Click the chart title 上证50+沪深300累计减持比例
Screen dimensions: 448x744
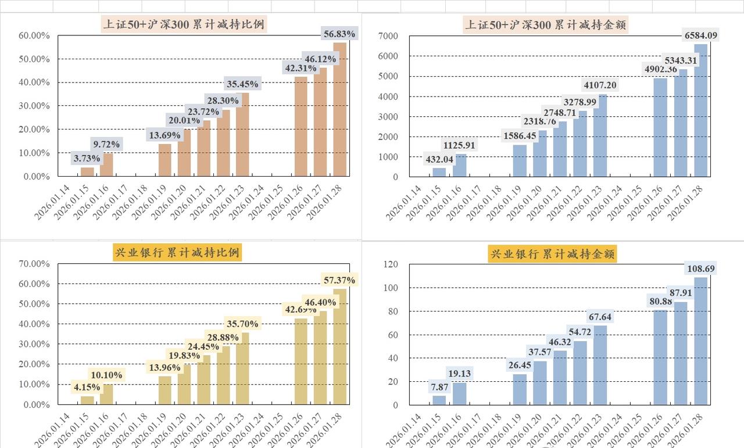(x=184, y=24)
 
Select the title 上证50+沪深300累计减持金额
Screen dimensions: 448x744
(x=546, y=25)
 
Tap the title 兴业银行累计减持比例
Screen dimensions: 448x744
(x=177, y=253)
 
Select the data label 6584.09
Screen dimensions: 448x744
(x=701, y=35)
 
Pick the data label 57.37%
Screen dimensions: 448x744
(x=339, y=280)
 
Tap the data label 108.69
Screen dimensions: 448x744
(x=700, y=268)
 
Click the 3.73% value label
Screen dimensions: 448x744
(x=87, y=158)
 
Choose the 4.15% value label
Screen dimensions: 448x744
(x=87, y=387)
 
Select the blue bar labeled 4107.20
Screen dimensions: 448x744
(x=600, y=136)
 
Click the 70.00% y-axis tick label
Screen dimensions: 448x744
(x=35, y=264)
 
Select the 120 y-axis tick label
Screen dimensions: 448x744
(x=391, y=264)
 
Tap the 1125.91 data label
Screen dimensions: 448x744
(x=459, y=145)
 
